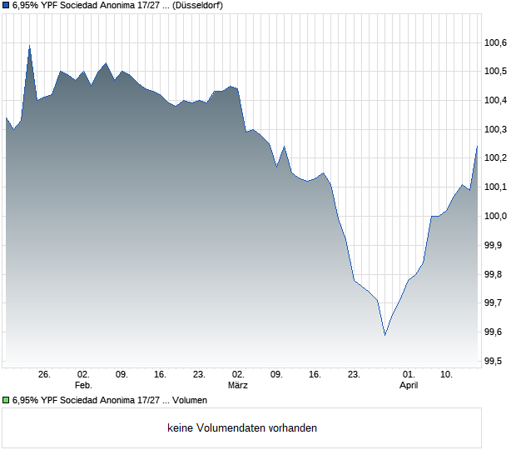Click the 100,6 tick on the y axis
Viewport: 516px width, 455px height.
pyautogui.click(x=496, y=43)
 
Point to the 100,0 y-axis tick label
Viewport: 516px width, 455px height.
pyautogui.click(x=496, y=217)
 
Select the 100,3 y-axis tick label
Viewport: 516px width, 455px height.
pyautogui.click(x=496, y=130)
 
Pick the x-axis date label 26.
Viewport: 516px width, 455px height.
pyautogui.click(x=44, y=375)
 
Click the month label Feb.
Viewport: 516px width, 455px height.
pyautogui.click(x=82, y=386)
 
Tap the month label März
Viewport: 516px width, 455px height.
pyautogui.click(x=238, y=386)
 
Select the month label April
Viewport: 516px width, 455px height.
pyautogui.click(x=409, y=386)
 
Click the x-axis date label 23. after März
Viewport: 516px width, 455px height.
pyautogui.click(x=354, y=375)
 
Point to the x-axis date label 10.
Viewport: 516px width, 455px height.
pyautogui.click(x=447, y=375)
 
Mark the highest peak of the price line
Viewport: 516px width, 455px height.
pyautogui.click(x=29, y=46)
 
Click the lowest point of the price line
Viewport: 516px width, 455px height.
pyautogui.click(x=385, y=335)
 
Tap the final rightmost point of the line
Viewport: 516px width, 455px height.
pyautogui.click(x=477, y=147)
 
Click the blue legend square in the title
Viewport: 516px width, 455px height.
pyautogui.click(x=6, y=5)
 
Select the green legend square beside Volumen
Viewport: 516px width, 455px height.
pyautogui.click(x=6, y=400)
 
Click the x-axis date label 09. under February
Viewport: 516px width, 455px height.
pyautogui.click(x=122, y=375)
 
